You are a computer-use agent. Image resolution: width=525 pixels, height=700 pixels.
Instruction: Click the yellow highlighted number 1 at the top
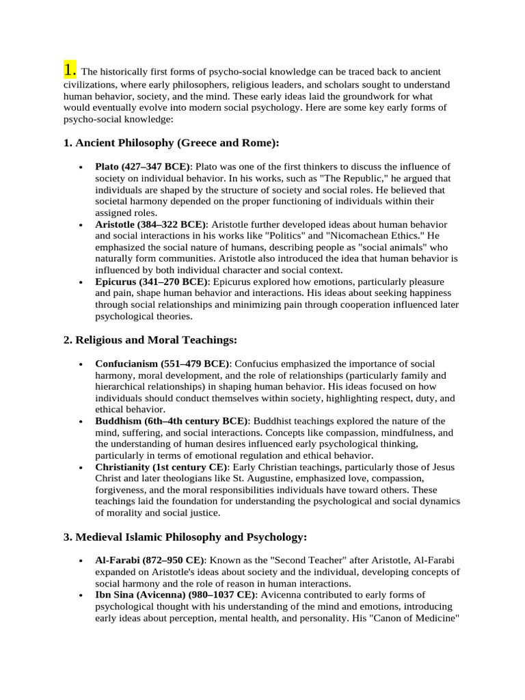(x=69, y=70)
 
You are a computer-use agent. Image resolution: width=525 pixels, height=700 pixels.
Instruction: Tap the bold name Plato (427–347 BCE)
(x=143, y=167)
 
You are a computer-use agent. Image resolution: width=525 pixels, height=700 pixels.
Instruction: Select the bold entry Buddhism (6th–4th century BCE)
(x=172, y=421)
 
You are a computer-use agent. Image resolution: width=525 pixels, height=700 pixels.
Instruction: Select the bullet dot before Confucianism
(x=81, y=364)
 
